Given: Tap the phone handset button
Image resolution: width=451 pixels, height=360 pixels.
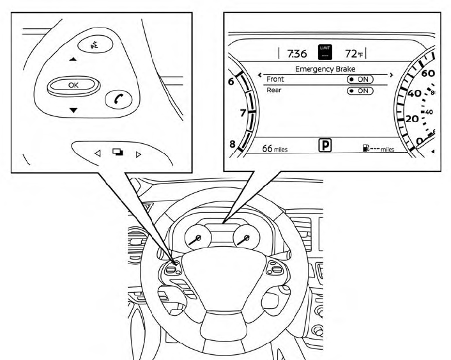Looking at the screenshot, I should pyautogui.click(x=118, y=98).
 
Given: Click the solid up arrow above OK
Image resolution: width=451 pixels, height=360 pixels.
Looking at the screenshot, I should pyautogui.click(x=72, y=60).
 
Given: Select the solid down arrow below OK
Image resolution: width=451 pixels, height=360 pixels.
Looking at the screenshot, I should pyautogui.click(x=73, y=110).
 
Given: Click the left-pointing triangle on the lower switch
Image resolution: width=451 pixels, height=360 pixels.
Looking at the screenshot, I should pyautogui.click(x=97, y=153).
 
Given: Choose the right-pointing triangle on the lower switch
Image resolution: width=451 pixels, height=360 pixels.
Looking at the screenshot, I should pyautogui.click(x=138, y=153).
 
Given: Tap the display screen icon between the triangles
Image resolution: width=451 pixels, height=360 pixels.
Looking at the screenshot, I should pyautogui.click(x=118, y=153).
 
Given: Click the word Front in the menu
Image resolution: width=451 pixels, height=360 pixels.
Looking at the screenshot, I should pyautogui.click(x=275, y=79).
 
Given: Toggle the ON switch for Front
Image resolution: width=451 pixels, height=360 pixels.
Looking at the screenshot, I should pyautogui.click(x=359, y=79).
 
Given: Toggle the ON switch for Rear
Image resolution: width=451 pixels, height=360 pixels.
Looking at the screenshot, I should pyautogui.click(x=359, y=91).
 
